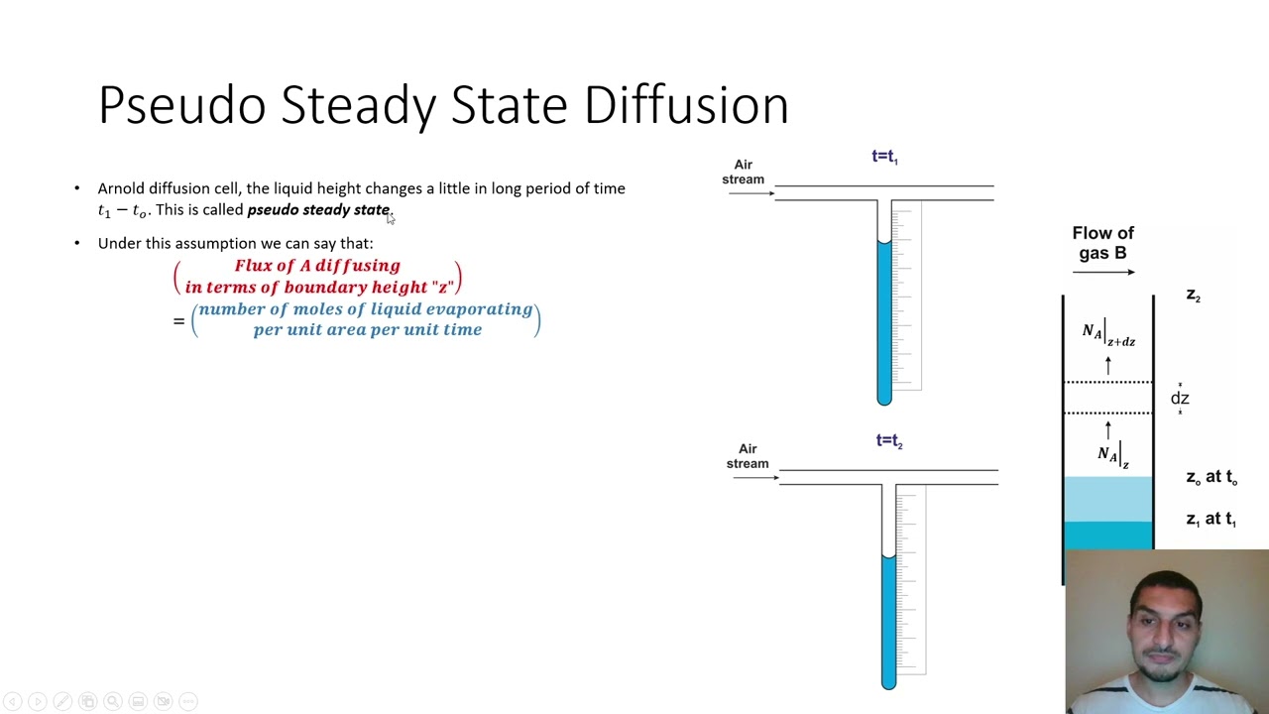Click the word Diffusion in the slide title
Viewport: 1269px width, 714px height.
coord(686,105)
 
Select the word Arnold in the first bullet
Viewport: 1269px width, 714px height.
coord(121,188)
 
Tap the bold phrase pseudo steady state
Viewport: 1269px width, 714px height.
coord(317,210)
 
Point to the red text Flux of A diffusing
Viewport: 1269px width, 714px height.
coord(317,266)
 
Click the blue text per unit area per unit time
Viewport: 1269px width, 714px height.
coord(367,330)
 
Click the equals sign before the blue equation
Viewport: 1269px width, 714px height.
coord(179,320)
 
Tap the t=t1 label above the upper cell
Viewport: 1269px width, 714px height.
coord(884,157)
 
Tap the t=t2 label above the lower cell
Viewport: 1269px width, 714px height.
coord(889,441)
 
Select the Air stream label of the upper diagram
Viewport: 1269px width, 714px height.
coord(743,172)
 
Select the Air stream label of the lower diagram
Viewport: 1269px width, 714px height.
coord(748,456)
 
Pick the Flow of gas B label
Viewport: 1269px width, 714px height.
coord(1102,243)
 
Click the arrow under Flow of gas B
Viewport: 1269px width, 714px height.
coord(1103,272)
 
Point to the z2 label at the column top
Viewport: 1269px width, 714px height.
coord(1194,296)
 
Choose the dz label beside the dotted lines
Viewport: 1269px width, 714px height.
coord(1180,399)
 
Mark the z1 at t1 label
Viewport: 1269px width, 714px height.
coord(1211,520)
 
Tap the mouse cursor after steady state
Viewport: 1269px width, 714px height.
coord(391,218)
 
